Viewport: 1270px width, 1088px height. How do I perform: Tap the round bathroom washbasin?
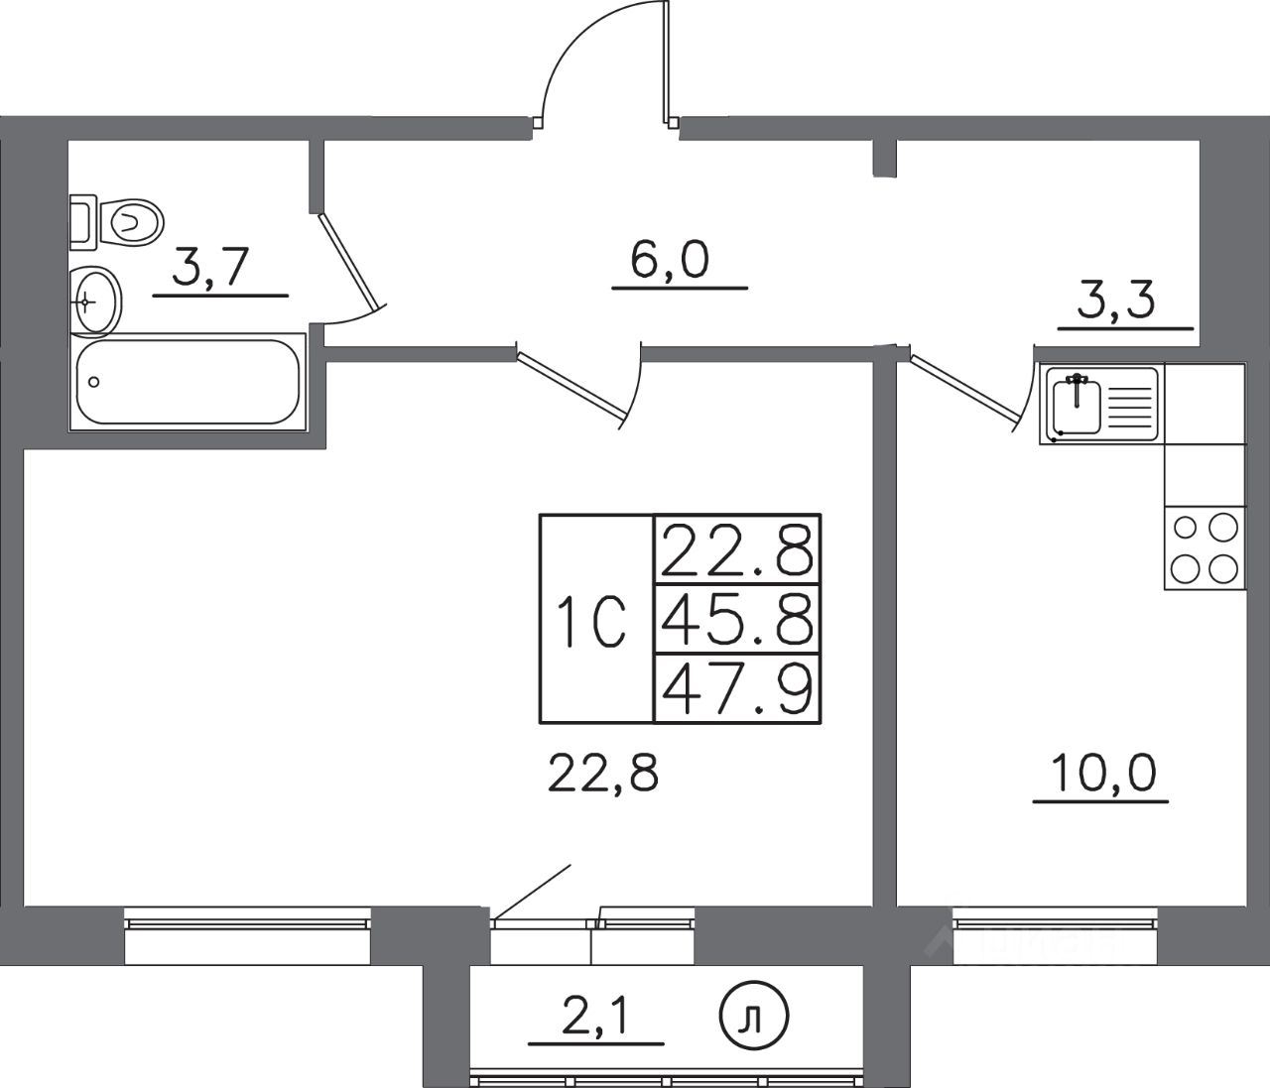(x=96, y=299)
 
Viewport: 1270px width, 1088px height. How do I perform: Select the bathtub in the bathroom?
(x=188, y=383)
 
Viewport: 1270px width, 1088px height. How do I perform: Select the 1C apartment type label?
(x=594, y=619)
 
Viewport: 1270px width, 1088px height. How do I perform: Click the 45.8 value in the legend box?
(x=736, y=620)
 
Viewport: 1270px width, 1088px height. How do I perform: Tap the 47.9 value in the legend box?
(x=736, y=689)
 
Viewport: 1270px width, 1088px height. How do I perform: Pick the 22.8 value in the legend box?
(x=736, y=550)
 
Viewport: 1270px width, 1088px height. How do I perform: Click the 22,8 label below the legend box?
(x=603, y=771)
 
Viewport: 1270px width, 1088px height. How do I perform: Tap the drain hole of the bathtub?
(x=94, y=381)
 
